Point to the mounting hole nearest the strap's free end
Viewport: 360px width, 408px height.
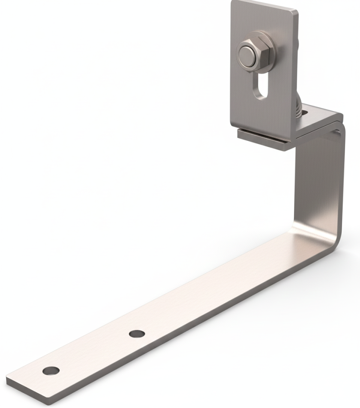pyautogui.click(x=51, y=370)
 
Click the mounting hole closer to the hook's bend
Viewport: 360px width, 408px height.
pyautogui.click(x=136, y=333)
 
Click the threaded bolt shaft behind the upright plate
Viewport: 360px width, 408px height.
pyautogui.click(x=299, y=107)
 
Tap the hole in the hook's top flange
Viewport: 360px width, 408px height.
pyautogui.click(x=305, y=112)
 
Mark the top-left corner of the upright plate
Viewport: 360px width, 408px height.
pyautogui.click(x=233, y=3)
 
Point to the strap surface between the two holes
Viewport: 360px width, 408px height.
pyautogui.click(x=94, y=351)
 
